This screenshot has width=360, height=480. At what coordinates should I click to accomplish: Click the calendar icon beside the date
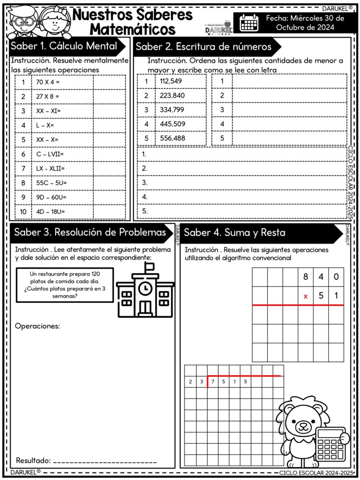pos(249,22)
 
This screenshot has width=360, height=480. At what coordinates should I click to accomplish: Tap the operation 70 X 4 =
pos(48,82)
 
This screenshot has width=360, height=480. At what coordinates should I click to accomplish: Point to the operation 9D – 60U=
pos(51,197)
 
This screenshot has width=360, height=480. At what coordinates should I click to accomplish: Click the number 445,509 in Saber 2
pos(172,124)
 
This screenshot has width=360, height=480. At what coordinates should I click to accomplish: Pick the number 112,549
pos(171,81)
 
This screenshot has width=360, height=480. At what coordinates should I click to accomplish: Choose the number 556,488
pos(172,139)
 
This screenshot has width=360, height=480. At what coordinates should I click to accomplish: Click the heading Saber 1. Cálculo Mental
pos(64,46)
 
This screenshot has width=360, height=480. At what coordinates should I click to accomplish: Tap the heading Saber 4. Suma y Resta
pos(234,232)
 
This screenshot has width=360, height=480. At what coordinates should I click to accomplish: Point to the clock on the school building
pos(145,286)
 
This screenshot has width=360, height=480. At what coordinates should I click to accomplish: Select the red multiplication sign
pos(306,296)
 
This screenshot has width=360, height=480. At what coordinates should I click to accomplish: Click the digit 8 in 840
pos(306,277)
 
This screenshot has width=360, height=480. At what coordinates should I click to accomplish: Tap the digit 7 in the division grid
pos(212,382)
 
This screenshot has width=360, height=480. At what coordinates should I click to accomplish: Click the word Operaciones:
pos(37,326)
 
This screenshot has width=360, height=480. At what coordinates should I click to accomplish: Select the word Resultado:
pos(33,460)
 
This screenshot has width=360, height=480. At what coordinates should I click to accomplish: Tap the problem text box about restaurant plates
pos(65,285)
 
